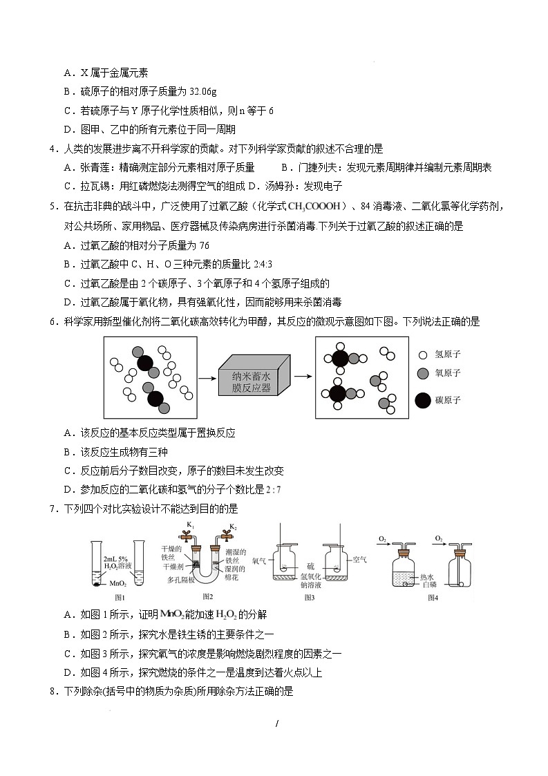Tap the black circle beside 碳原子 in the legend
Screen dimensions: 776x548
pyautogui.click(x=422, y=400)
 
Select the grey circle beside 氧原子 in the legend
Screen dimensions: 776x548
pyautogui.click(x=422, y=374)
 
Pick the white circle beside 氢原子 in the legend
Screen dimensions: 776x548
pyautogui.click(x=422, y=355)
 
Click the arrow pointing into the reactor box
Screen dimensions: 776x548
pyautogui.click(x=207, y=378)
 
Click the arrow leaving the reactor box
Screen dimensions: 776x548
pyautogui.click(x=302, y=377)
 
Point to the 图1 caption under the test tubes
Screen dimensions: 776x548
pyautogui.click(x=120, y=596)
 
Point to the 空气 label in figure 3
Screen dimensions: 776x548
pyautogui.click(x=360, y=560)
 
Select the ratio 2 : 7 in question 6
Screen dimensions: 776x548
pyautogui.click(x=273, y=490)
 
